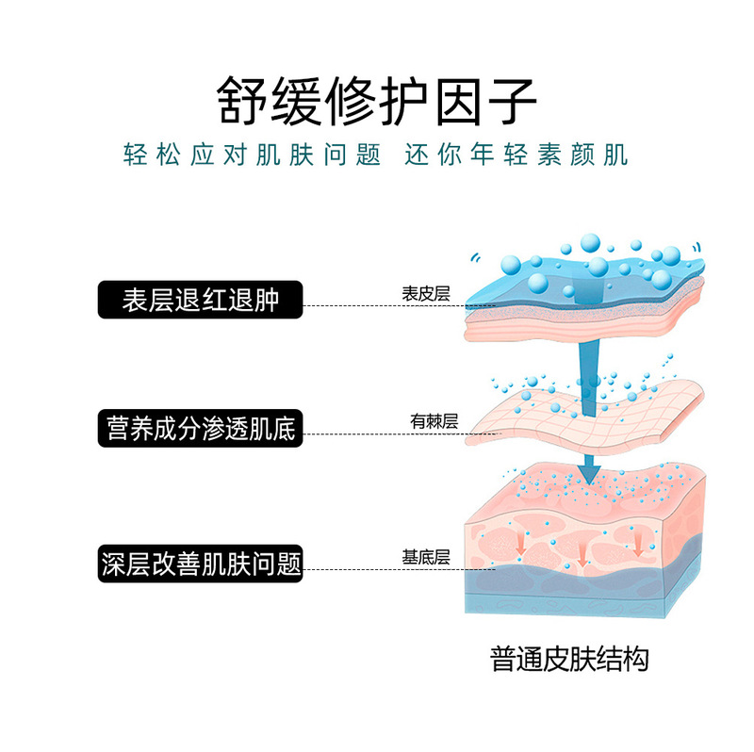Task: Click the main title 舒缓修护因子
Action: coord(377,98)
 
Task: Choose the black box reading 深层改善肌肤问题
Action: coord(201,563)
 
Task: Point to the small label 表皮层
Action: coord(425,293)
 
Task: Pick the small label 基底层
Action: coord(425,557)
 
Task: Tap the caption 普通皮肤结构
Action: coord(569,658)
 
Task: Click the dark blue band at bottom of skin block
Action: coord(584,589)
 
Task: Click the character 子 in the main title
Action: coord(509,98)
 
